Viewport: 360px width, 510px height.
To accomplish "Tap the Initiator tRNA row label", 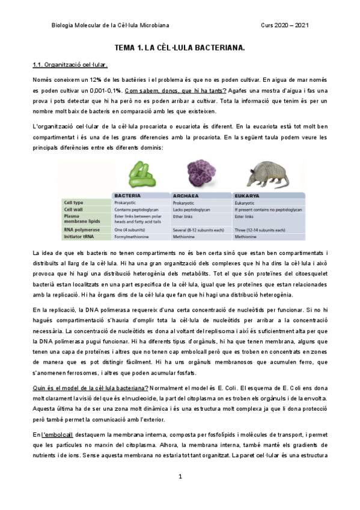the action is [79, 236].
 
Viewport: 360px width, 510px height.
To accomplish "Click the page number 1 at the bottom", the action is [180, 477].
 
